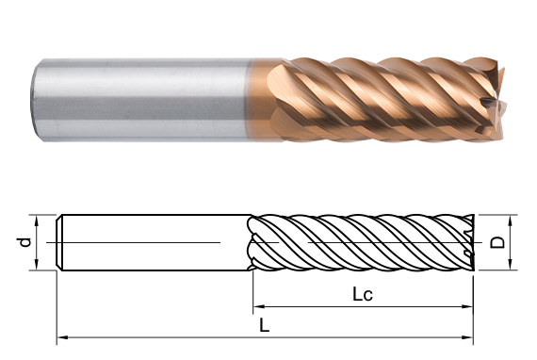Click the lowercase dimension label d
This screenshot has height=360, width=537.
[24, 242]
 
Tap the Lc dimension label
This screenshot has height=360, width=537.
[363, 295]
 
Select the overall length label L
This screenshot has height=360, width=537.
[264, 325]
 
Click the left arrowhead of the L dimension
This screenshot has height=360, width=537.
[62, 337]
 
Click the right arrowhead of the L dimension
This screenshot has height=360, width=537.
[467, 337]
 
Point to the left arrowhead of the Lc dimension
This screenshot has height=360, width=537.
[258, 306]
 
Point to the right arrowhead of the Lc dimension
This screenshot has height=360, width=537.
[467, 306]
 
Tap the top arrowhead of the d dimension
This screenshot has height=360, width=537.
[37, 221]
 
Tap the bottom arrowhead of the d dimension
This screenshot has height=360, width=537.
[37, 265]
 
